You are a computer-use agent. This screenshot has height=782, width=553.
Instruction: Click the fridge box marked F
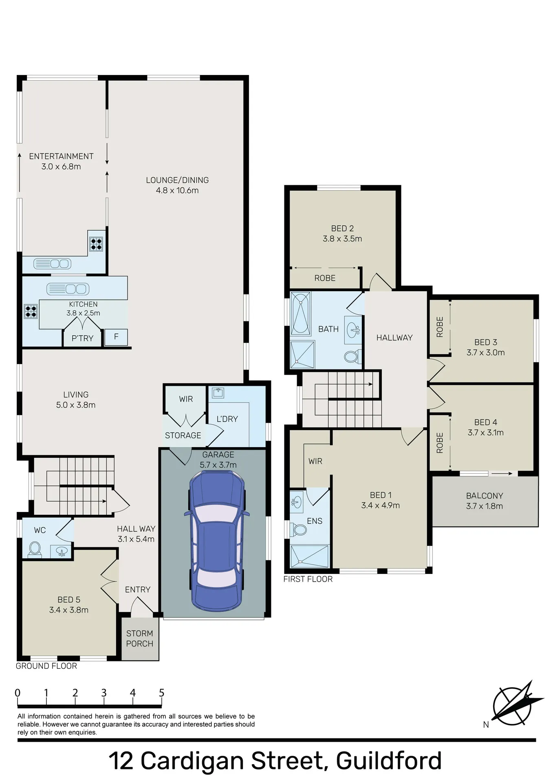pyautogui.click(x=116, y=337)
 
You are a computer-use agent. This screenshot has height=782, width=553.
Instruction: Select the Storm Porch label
pyautogui.click(x=140, y=638)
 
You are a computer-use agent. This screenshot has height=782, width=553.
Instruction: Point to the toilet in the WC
pyautogui.click(x=35, y=549)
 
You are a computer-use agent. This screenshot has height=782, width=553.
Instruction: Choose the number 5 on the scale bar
pyautogui.click(x=162, y=693)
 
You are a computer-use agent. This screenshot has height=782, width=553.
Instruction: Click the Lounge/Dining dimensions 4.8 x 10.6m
pyautogui.click(x=177, y=190)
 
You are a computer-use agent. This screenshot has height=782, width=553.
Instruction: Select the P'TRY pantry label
pyautogui.click(x=83, y=338)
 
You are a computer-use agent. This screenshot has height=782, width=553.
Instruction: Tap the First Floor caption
pyautogui.click(x=308, y=579)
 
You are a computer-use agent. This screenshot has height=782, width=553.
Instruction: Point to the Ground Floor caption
pyautogui.click(x=46, y=666)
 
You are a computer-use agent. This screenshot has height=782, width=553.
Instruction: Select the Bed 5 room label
pyautogui.click(x=69, y=600)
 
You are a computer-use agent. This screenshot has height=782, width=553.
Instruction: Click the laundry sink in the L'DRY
pyautogui.click(x=218, y=392)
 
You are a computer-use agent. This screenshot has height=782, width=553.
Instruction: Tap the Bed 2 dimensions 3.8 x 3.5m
pyautogui.click(x=342, y=239)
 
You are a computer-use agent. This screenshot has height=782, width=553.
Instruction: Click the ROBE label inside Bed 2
pyautogui.click(x=325, y=278)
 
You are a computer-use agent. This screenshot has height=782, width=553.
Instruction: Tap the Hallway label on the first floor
pyautogui.click(x=394, y=338)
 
